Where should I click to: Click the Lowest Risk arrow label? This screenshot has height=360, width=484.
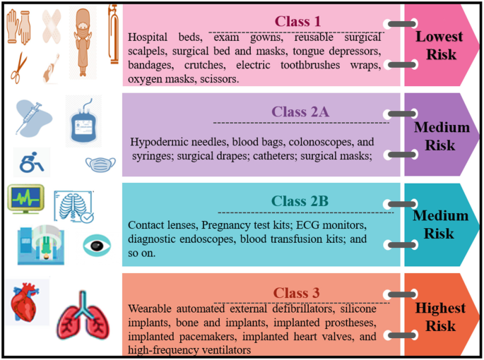click(439, 45)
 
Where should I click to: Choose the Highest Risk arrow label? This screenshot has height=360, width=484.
click(440, 318)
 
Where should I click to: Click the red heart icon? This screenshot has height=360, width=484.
click(28, 305)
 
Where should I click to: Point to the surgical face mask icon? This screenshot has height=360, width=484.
click(99, 165)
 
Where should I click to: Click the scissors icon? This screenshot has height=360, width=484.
click(20, 67)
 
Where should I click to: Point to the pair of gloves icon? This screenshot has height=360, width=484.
click(18, 26)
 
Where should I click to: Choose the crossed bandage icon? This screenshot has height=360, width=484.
click(53, 29)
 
